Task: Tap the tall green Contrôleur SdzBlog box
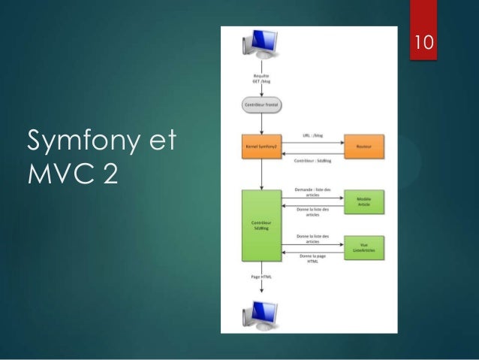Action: click(261, 226)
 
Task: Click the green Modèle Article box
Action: click(363, 201)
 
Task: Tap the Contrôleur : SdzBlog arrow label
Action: click(312, 161)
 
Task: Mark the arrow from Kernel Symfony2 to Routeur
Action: click(312, 143)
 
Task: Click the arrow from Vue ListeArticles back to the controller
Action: click(312, 252)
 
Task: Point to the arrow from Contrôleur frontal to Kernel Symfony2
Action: click(261, 123)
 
